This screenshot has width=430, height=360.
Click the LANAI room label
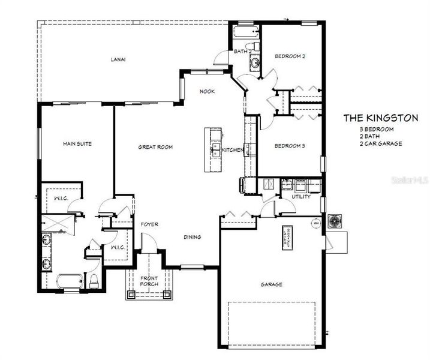(x=118, y=59)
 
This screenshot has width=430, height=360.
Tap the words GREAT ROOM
(x=155, y=146)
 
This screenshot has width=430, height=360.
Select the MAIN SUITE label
(x=77, y=144)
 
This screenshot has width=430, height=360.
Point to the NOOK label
(x=208, y=91)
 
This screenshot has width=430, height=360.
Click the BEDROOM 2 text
(x=290, y=56)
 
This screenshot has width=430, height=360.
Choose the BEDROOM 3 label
(x=290, y=146)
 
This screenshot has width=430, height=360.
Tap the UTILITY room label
(x=301, y=197)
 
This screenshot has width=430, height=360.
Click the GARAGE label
(x=271, y=284)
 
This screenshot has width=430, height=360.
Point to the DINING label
(x=192, y=237)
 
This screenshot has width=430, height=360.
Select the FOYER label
(x=149, y=224)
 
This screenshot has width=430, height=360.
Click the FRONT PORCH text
(x=149, y=281)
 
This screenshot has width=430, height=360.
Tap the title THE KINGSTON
(x=380, y=118)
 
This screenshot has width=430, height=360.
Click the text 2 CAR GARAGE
(x=380, y=144)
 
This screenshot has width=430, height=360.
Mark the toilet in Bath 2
(x=254, y=46)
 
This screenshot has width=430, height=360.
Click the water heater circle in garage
(x=314, y=223)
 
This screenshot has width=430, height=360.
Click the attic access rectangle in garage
(x=286, y=237)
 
